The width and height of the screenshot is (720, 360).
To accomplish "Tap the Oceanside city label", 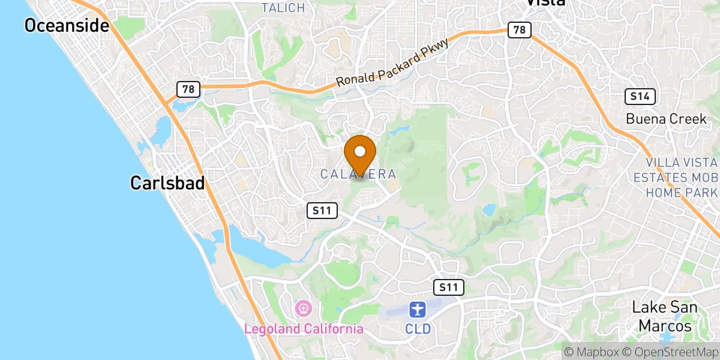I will pyautogui.click(x=66, y=25).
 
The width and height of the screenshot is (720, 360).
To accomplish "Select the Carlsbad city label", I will pyautogui.click(x=167, y=183).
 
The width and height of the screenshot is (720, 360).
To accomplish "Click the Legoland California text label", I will pyautogui.click(x=304, y=329).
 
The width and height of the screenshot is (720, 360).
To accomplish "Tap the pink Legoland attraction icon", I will pyautogui.click(x=304, y=310).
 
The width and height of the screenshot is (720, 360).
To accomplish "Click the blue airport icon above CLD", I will pyautogui.click(x=417, y=310).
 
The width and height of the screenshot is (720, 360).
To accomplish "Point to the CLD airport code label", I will pyautogui.click(x=417, y=329).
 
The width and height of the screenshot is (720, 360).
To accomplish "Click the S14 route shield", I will pyautogui.click(x=640, y=96).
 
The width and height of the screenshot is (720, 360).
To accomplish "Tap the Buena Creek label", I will pyautogui.click(x=666, y=119).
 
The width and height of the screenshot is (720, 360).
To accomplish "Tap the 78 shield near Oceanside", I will pyautogui.click(x=188, y=89).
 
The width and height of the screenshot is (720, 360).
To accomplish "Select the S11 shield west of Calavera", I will pyautogui.click(x=322, y=210).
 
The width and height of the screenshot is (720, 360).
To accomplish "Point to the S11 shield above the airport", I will pyautogui.click(x=448, y=287).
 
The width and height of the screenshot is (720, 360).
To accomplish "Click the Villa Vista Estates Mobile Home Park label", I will pyautogui.click(x=682, y=178).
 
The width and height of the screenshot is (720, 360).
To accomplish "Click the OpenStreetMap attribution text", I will pyautogui.click(x=670, y=352).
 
